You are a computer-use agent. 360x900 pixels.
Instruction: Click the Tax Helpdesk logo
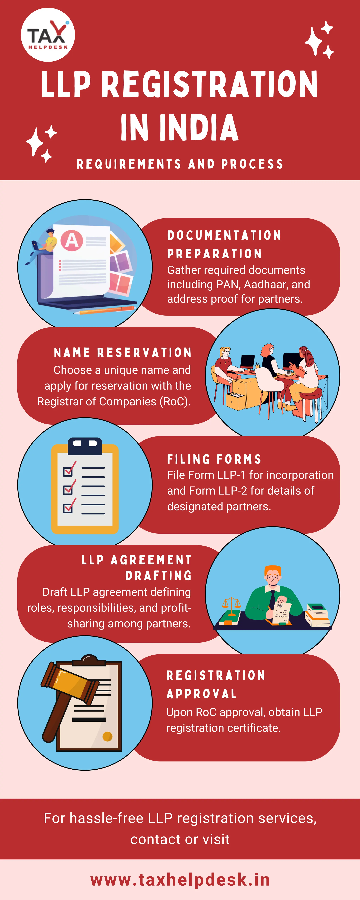point(48,35)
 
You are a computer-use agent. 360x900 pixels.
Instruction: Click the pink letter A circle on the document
point(72,240)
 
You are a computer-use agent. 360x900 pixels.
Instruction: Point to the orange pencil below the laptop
point(105,310)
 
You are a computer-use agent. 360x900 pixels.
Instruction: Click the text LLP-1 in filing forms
point(231,475)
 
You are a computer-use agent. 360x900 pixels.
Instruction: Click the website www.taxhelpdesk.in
point(180,880)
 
